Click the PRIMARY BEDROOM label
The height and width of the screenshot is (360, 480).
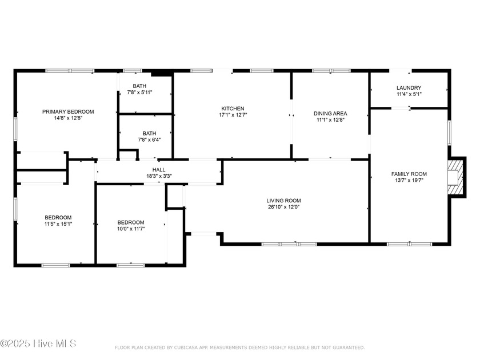tap(68, 112)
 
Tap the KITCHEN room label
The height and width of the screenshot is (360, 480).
tap(233, 109)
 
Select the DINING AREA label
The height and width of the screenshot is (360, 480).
tap(330, 113)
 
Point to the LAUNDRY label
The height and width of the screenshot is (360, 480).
tap(409, 87)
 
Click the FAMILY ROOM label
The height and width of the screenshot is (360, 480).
tap(409, 174)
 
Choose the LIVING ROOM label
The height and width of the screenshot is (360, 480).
tap(283, 201)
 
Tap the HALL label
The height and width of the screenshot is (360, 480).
tap(159, 170)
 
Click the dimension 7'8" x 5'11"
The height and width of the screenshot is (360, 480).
tap(139, 92)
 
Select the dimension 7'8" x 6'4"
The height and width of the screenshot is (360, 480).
tap(149, 139)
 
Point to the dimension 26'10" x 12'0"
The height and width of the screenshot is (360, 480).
tap(283, 207)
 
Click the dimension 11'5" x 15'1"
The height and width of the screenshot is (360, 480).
tap(58, 224)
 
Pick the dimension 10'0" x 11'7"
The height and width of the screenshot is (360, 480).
tap(131, 229)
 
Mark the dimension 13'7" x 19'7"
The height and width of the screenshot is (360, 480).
tap(409, 181)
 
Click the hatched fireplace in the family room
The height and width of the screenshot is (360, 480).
tap(455, 177)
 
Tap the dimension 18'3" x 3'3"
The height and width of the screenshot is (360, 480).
tap(159, 176)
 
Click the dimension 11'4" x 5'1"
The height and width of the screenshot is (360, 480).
tap(409, 94)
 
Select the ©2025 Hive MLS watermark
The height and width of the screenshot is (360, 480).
tap(38, 343)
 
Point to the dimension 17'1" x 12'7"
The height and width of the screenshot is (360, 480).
tap(233, 115)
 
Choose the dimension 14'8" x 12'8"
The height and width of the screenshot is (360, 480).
tap(68, 118)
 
